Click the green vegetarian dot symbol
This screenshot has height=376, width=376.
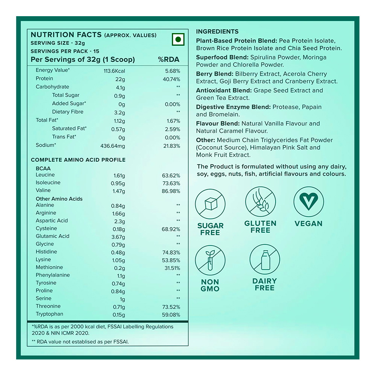tap(178, 39)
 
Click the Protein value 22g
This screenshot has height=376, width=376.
tap(120, 79)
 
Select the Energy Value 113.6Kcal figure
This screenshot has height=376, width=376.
tap(114, 71)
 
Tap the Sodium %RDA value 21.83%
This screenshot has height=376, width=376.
tap(171, 146)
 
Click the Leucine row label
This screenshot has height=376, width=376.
tap(45, 175)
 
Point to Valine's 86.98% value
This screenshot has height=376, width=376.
tap(171, 191)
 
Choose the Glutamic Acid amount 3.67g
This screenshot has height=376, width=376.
tap(118, 237)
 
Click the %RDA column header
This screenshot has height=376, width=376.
tap(168, 59)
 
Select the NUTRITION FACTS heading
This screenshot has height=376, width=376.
tap(66, 35)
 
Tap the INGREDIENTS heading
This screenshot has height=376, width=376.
tap(217, 32)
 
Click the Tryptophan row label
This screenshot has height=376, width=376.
tap(49, 314)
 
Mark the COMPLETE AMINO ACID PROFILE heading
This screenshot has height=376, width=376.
tap(78, 160)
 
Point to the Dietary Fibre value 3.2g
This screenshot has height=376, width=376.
tap(119, 112)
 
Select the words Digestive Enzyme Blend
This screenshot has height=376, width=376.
tap(233, 107)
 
